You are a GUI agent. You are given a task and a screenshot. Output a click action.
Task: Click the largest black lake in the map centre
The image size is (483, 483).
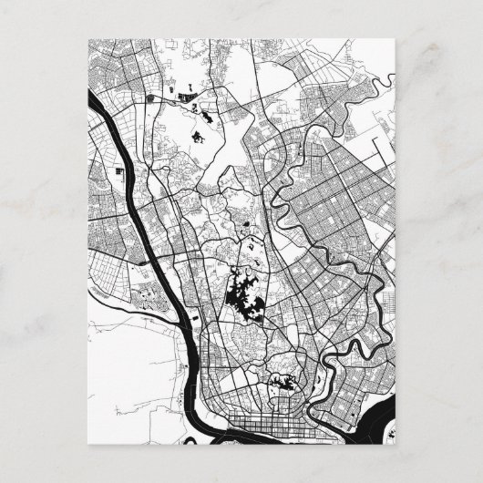241,294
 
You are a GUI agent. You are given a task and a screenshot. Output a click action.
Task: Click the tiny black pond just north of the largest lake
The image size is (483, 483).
248,223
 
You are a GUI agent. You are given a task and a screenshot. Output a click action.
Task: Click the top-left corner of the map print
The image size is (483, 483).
83,39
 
